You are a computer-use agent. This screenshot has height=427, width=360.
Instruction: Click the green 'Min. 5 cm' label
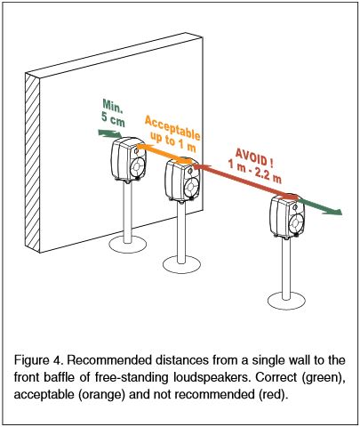pyautogui.click(x=113, y=114)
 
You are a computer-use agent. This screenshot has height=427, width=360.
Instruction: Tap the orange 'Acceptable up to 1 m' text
pyautogui.click(x=172, y=134)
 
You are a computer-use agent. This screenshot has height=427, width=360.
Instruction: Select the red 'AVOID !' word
pyautogui.click(x=254, y=157)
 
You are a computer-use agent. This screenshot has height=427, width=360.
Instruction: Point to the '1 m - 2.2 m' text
pyautogui.click(x=254, y=172)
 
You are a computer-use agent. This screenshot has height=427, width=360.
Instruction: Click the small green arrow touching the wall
pyautogui.click(x=109, y=133)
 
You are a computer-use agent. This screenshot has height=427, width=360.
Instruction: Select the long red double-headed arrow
pyautogui.click(x=246, y=181)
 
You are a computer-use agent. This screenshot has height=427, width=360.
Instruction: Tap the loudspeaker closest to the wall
pyautogui.click(x=129, y=159)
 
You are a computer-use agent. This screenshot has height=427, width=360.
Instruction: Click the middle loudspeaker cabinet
pyautogui.click(x=182, y=180)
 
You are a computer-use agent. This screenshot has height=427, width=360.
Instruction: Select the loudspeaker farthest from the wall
pyautogui.click(x=287, y=216)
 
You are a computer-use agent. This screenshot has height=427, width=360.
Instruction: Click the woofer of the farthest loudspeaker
pyautogui.click(x=296, y=223)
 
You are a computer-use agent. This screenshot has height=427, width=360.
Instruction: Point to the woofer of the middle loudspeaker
pyautogui.click(x=191, y=187)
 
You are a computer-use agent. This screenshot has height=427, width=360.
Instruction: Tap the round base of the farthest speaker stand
pyautogui.click(x=286, y=301)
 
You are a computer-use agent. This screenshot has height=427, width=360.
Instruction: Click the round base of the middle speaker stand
pyautogui.click(x=181, y=264)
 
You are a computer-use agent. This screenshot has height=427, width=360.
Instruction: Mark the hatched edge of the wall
pyautogui.click(x=32, y=163)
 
